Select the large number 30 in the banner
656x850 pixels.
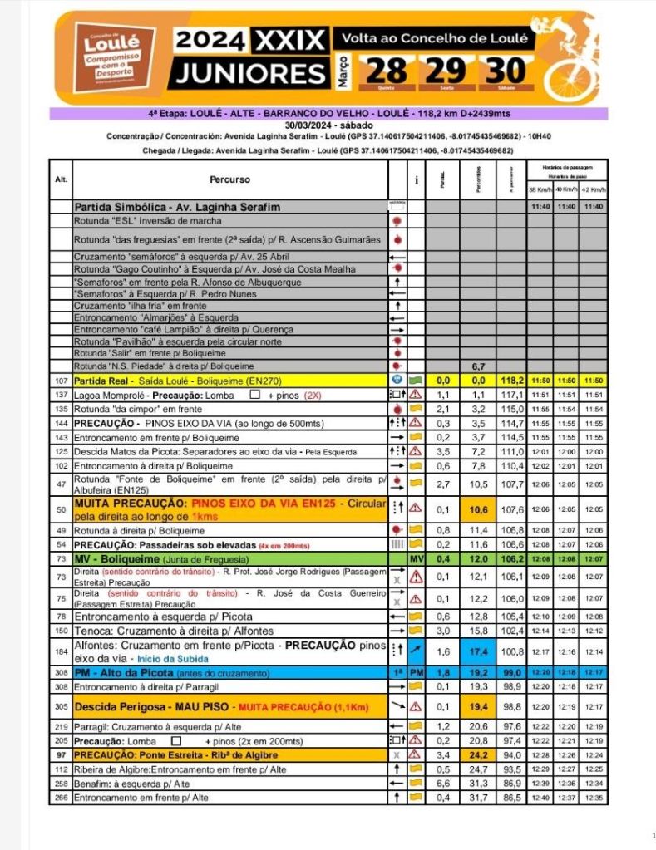tap(506, 70)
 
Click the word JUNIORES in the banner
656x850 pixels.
tap(246, 73)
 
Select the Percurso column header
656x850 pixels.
tap(229, 179)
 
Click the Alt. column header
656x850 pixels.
tap(61, 179)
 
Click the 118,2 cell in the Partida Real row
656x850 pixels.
tap(510, 380)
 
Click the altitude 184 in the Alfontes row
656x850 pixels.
tap(60, 651)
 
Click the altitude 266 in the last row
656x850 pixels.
tap(60, 798)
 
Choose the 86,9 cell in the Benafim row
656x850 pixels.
tap(510, 784)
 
